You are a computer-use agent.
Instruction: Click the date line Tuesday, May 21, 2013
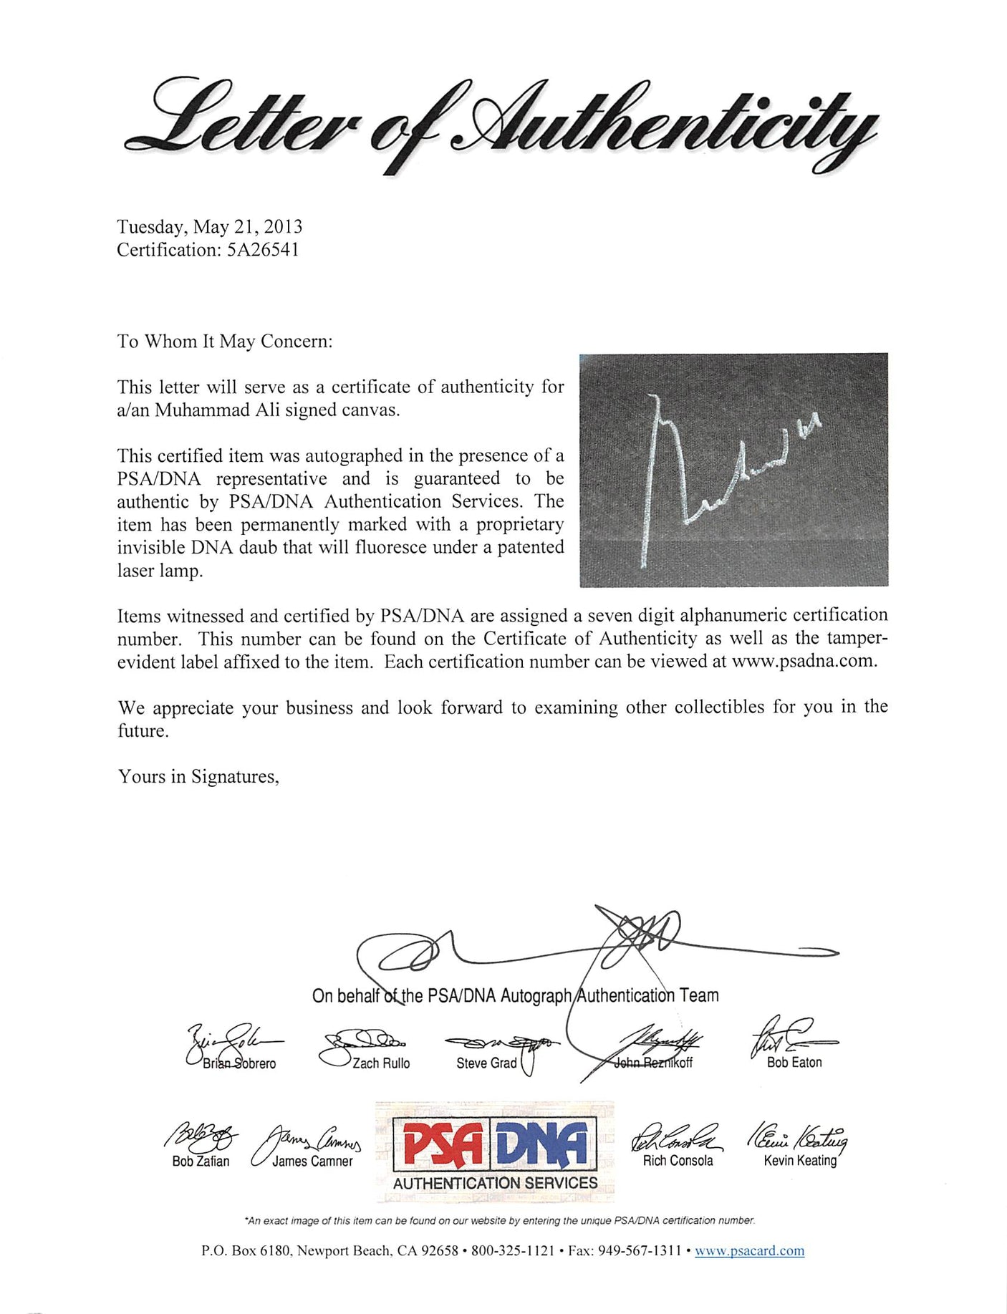click(x=209, y=227)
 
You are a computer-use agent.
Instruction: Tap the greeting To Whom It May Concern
click(x=224, y=341)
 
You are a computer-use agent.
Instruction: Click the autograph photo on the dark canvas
click(x=733, y=470)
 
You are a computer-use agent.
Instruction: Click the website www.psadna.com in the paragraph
click(x=803, y=661)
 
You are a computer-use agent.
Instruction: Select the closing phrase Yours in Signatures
click(x=198, y=776)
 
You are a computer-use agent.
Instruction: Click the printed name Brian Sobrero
click(x=238, y=1063)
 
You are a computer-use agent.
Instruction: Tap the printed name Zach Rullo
click(x=381, y=1063)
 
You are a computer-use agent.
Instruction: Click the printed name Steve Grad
click(x=486, y=1063)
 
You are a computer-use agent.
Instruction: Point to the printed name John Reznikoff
click(x=653, y=1063)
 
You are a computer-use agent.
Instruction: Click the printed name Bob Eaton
click(x=794, y=1063)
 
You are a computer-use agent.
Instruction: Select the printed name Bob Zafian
click(x=201, y=1161)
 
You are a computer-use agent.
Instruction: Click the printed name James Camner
click(x=312, y=1161)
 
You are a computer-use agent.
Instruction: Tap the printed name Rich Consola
click(x=678, y=1161)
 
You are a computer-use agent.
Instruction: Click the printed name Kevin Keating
click(x=799, y=1161)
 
